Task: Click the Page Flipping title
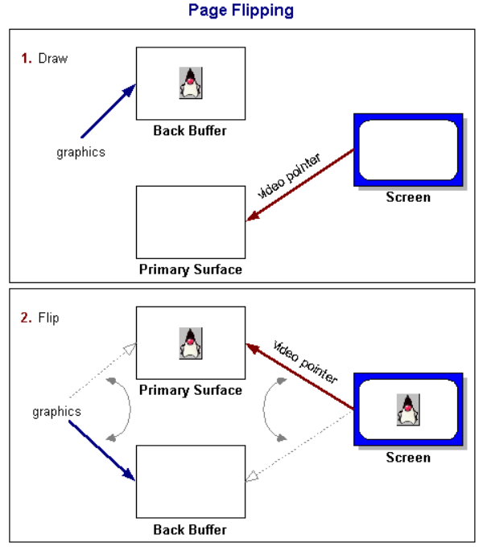coord(241,10)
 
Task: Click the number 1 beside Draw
coord(26,59)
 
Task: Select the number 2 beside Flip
coord(26,318)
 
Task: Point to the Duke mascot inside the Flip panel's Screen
coord(409,410)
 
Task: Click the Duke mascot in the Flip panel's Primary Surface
coord(190,343)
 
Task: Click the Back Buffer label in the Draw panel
coord(190,130)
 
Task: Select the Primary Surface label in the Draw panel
coord(190,269)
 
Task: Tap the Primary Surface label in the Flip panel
coord(190,390)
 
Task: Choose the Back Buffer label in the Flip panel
coord(190,530)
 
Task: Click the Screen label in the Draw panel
coord(408,197)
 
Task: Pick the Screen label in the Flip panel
coord(408,458)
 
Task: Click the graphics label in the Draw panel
coord(80,151)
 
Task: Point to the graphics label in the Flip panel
coord(56,411)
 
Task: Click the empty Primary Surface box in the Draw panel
coord(190,222)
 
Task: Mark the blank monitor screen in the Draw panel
coord(407,150)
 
